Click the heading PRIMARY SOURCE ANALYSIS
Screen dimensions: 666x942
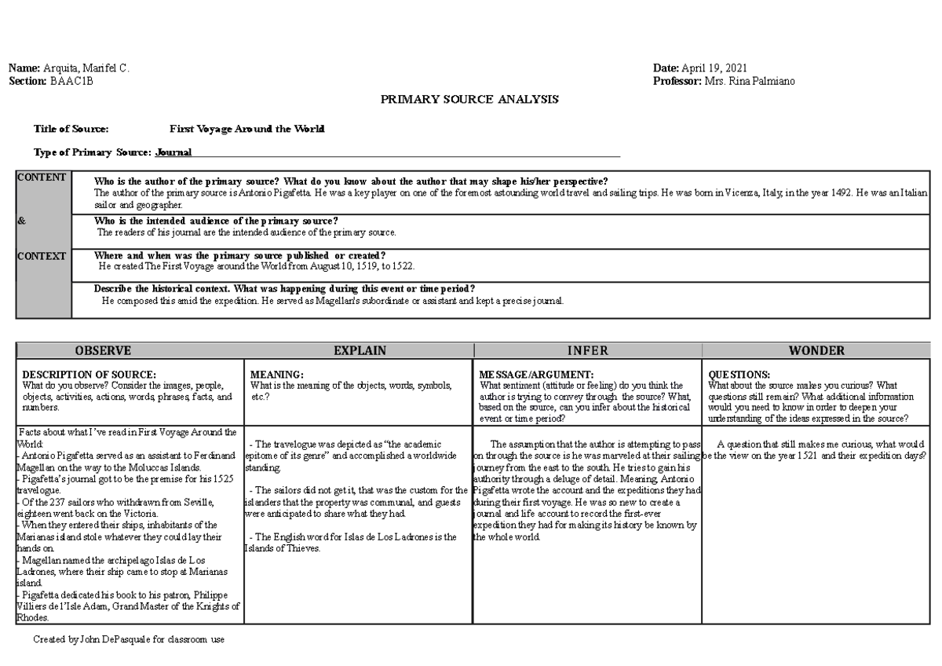click(x=469, y=99)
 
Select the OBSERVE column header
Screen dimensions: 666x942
click(x=103, y=351)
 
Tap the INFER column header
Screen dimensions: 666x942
click(x=587, y=351)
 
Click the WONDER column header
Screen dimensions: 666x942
click(x=817, y=351)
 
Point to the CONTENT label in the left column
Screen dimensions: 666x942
click(x=42, y=177)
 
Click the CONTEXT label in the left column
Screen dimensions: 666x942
click(x=42, y=256)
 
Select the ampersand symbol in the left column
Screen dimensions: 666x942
click(x=21, y=221)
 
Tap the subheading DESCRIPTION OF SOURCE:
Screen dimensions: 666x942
click(x=89, y=375)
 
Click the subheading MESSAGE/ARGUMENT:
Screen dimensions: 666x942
click(x=535, y=375)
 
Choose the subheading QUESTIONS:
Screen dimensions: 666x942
click(x=739, y=375)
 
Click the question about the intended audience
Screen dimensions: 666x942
click(x=216, y=221)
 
